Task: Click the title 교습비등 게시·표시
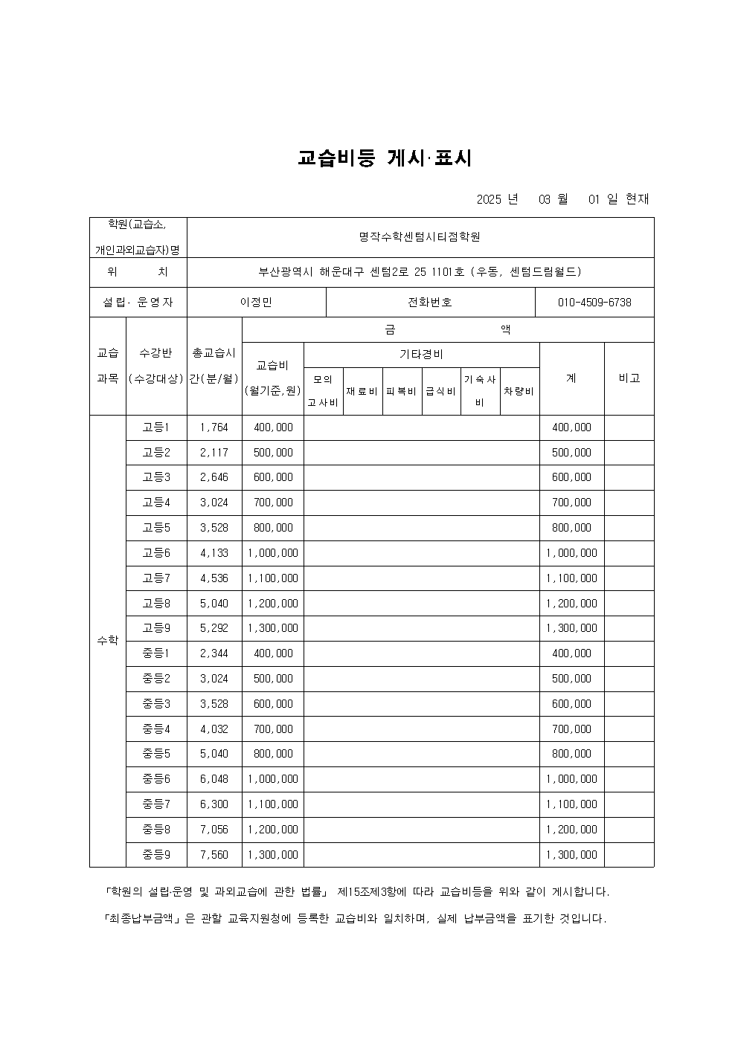[x=385, y=158]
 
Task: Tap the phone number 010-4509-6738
[x=594, y=303]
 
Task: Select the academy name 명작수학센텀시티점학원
[x=420, y=237]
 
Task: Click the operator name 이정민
[x=256, y=303]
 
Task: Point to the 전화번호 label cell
[x=430, y=303]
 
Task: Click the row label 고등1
[x=156, y=427]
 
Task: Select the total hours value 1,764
[x=214, y=427]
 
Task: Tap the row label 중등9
[x=156, y=855]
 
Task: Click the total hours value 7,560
[x=214, y=855]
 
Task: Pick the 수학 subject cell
[x=108, y=641]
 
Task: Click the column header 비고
[x=629, y=378]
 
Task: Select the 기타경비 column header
[x=421, y=355]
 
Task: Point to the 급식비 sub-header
[x=440, y=391]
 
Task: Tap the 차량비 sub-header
[x=519, y=391]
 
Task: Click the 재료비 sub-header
[x=362, y=391]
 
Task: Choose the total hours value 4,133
[x=214, y=553]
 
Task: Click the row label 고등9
[x=156, y=628]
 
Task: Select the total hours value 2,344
[x=214, y=653]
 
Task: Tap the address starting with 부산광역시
[x=420, y=272]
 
